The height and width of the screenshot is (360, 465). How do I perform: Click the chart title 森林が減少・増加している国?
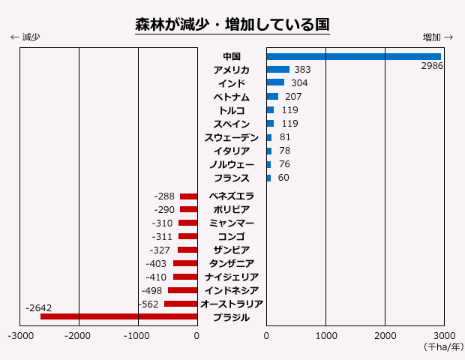tap(232, 24)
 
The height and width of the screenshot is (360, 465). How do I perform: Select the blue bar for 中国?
tap(353, 56)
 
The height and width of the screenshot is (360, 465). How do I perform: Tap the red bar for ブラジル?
tap(118, 317)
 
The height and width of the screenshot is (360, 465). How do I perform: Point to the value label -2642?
tap(38, 307)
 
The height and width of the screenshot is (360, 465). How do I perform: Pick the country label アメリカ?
tap(232, 70)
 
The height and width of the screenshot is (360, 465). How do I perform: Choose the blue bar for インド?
tap(275, 83)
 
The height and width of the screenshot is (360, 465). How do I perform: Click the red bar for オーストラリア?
tap(180, 304)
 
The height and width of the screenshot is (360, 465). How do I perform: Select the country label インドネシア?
tap(232, 290)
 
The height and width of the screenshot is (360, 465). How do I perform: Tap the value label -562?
tap(148, 304)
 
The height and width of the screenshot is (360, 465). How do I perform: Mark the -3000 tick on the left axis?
tap(19, 336)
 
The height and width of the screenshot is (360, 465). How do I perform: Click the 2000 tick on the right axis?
tap(385, 336)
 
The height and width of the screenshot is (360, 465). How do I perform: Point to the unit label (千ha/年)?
tap(443, 346)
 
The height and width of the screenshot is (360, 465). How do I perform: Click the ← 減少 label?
tap(25, 37)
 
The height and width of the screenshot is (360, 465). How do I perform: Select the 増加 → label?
tap(438, 37)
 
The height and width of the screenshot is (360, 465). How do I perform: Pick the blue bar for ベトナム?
tap(272, 97)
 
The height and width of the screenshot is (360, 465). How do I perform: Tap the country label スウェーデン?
tap(232, 137)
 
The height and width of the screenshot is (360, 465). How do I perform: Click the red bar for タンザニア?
tap(185, 263)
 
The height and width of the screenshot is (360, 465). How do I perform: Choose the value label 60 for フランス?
tap(283, 178)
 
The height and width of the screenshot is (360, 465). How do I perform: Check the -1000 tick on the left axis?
tap(138, 336)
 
